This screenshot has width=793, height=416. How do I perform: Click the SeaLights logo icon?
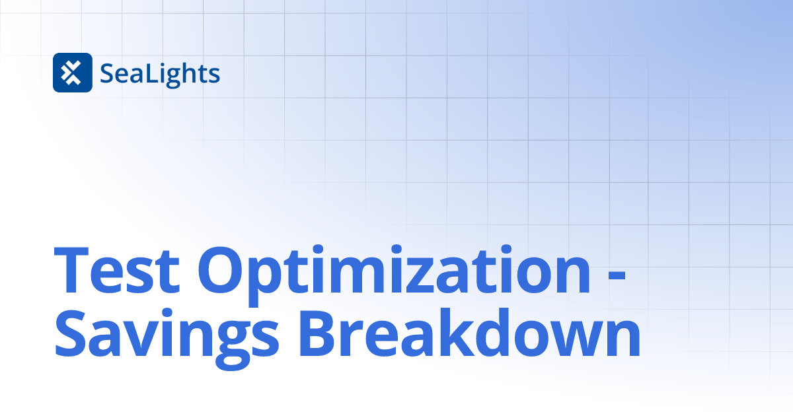(x=72, y=73)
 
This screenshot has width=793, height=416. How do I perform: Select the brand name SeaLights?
(x=160, y=73)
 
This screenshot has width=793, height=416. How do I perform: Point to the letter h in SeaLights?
(x=188, y=73)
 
